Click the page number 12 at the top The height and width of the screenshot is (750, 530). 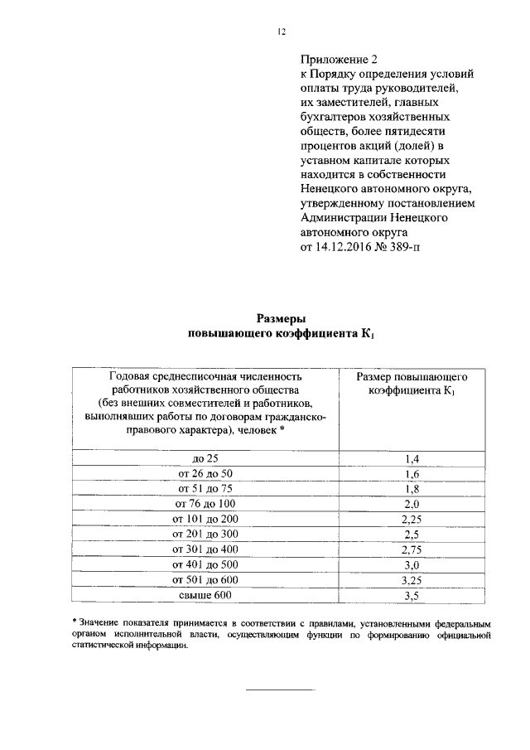click(281, 32)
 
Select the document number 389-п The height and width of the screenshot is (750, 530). click(402, 247)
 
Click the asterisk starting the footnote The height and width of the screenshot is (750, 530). click(74, 622)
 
